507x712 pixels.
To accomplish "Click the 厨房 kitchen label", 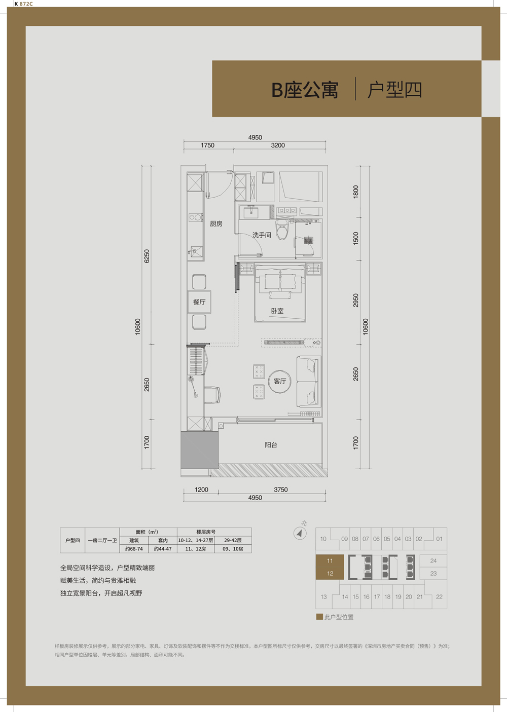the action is tap(216, 224).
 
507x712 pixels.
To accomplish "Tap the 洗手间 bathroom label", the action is tap(262, 235).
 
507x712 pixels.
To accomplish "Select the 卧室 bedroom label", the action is tap(277, 311).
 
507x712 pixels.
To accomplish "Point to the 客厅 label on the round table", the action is tap(280, 381).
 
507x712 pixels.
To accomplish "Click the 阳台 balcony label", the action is tap(271, 445).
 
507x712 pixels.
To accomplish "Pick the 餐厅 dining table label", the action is tap(199, 302).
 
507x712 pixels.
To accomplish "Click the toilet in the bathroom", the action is tap(282, 229).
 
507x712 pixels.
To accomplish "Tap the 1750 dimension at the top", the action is tap(207, 145).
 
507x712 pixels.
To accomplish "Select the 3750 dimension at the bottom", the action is tap(280, 490).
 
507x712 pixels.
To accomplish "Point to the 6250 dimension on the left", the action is tap(147, 256).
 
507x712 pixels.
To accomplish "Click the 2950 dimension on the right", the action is tap(355, 301).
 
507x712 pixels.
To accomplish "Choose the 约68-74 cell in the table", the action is tap(134, 549).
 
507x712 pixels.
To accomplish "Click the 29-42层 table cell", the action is tap(233, 540).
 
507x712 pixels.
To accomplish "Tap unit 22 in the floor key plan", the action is tap(439, 597).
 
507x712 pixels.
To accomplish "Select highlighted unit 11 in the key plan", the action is tap(330, 561).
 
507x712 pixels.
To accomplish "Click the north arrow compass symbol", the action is tap(300, 533).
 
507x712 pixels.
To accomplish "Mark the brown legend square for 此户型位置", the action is tap(319, 617).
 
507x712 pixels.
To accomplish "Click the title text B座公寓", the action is tap(305, 90).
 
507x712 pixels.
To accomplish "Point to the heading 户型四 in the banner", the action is tap(395, 90).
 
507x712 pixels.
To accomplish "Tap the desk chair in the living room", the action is tap(212, 395).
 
